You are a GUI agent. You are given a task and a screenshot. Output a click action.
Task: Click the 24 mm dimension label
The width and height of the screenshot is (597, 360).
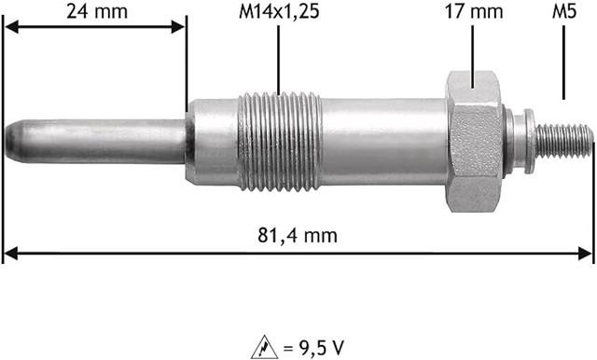click(x=96, y=11)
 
